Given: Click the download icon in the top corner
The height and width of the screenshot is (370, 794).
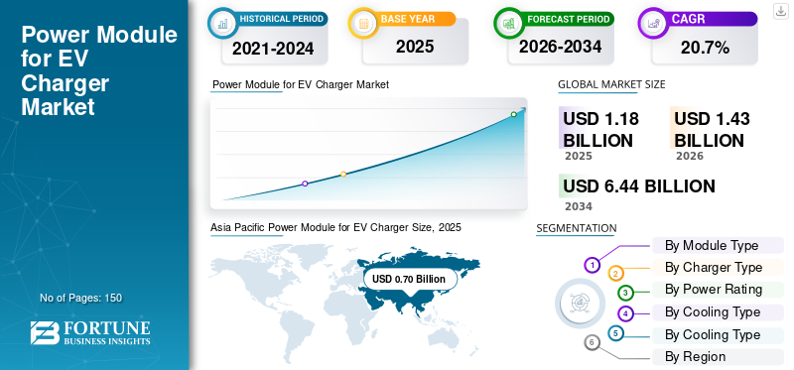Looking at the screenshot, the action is click(780, 11).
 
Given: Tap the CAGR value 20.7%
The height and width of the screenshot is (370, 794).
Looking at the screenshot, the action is click(705, 48).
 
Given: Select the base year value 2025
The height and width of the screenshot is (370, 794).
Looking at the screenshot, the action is click(415, 47).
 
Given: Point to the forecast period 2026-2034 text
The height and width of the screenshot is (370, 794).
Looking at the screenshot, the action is click(560, 47).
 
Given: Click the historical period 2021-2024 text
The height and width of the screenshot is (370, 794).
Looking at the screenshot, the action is click(273, 49).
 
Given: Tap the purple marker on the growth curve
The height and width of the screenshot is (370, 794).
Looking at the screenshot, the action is click(305, 184).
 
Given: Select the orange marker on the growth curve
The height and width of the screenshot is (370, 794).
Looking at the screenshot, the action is click(343, 175).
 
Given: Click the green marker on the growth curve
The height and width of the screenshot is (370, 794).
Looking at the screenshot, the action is click(513, 114).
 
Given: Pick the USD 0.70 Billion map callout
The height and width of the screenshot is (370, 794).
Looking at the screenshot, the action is click(409, 279).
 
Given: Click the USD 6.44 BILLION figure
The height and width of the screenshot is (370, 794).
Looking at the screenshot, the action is click(639, 186).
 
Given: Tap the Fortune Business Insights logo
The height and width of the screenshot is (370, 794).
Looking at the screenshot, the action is click(90, 332).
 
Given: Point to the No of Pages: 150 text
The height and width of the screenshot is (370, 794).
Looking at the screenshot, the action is click(81, 298).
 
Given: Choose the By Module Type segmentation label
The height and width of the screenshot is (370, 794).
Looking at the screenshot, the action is click(712, 245).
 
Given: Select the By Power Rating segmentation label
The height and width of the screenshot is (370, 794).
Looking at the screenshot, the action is click(714, 290).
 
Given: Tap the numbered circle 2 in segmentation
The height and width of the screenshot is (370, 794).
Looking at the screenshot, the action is click(615, 274).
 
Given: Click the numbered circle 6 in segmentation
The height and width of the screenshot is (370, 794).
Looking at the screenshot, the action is click(592, 343).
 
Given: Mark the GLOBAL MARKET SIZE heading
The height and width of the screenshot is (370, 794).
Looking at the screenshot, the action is click(611, 84).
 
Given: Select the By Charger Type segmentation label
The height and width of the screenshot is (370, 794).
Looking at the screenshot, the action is click(714, 267).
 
